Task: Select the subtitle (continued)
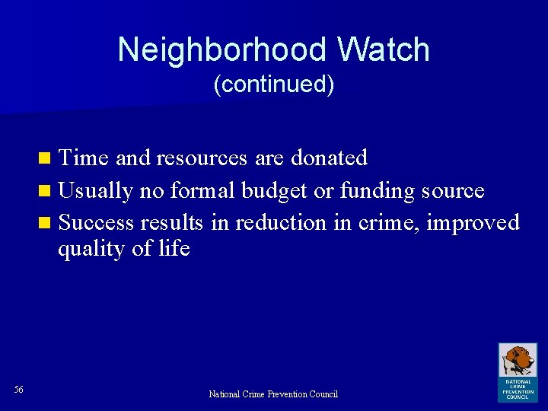[274, 84]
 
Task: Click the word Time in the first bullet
[84, 158]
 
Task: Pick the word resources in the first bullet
[202, 158]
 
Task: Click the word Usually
[96, 190]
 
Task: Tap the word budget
[276, 190]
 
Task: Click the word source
[451, 190]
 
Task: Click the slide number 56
[19, 390]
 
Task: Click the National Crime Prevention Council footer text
[273, 394]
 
